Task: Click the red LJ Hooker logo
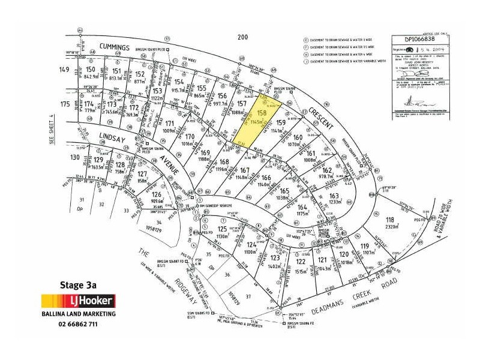[x=77, y=301]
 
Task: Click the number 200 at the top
[x=242, y=37]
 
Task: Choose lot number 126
[x=157, y=195]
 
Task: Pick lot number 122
[x=301, y=262]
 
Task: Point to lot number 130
[x=74, y=157]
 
